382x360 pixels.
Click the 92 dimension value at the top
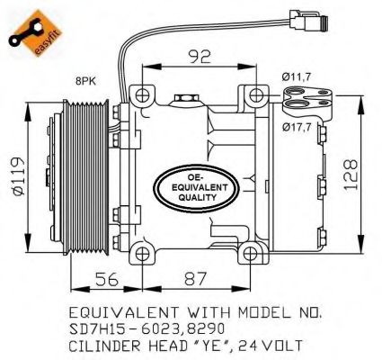tap(200, 57)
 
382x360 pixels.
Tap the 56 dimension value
tap(107, 279)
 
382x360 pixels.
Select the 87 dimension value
tap(195, 279)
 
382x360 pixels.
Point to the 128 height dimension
tap(351, 175)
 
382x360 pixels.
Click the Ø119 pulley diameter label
tap(18, 176)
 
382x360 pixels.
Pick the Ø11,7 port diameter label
tap(296, 77)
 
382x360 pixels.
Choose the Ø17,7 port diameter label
tap(297, 128)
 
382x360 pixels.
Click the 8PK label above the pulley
tap(86, 81)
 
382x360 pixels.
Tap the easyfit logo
tap(35, 33)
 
